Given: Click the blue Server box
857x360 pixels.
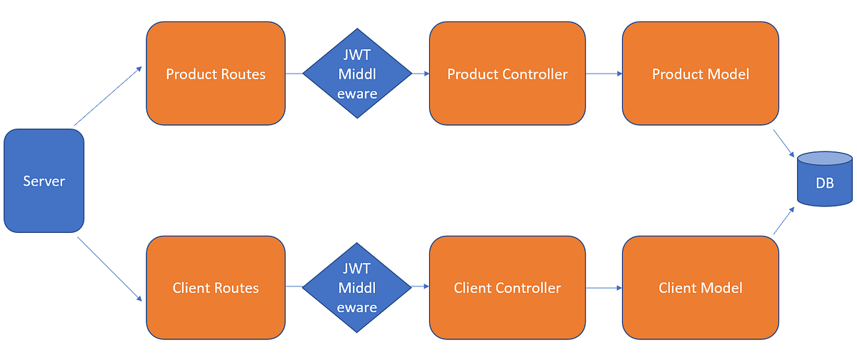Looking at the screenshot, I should point(44,181).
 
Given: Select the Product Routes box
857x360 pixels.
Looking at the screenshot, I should point(216,74).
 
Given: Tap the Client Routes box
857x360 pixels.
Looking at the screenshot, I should point(216,288).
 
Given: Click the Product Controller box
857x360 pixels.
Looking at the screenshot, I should point(507,74).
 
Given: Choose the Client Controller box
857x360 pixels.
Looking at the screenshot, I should point(507,288).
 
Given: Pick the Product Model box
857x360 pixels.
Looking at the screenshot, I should point(701,74).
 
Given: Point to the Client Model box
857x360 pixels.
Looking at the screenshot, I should point(701,288).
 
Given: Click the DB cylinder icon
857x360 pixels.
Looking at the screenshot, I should point(825,179).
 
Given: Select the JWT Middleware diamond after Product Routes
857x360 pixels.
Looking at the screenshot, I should point(357,74).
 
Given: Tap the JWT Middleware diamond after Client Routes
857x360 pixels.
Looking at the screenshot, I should point(357,288).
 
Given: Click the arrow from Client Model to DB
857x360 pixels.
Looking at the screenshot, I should point(783,221).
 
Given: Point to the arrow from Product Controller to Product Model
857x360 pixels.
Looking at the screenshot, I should point(604,74).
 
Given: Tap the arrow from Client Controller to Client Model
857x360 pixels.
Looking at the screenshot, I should point(604,288).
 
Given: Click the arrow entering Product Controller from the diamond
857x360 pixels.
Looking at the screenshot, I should point(421,74).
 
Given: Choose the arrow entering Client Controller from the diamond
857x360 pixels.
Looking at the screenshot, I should point(421,288).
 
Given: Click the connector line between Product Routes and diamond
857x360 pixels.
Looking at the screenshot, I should point(294,74).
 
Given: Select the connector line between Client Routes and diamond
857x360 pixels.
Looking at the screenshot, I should point(294,288).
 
